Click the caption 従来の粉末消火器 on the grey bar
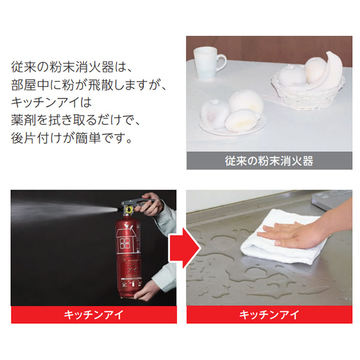[269, 161]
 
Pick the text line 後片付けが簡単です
[71, 137]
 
